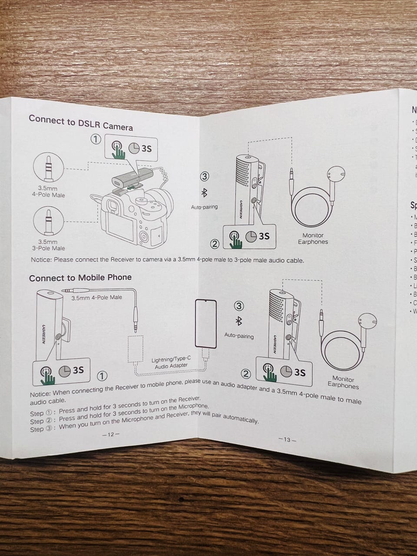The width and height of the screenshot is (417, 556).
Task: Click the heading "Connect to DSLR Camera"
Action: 81,122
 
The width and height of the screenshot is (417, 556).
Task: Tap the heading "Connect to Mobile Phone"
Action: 80,278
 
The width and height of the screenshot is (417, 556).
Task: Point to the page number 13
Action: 286,439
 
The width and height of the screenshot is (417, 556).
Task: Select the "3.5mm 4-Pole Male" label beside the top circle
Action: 48,192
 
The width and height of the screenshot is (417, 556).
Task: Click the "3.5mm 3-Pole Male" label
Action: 48,245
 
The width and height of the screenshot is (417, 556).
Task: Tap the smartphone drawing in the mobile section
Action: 205,323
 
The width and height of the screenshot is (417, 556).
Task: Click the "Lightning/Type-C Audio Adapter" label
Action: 171,363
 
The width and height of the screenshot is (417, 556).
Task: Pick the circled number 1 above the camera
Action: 96,139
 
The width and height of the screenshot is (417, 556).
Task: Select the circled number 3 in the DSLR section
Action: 205,176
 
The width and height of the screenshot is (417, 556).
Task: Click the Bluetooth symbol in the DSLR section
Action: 204,192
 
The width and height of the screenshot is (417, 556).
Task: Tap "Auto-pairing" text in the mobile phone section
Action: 239,336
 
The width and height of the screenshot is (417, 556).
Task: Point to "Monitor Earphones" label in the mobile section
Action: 343,382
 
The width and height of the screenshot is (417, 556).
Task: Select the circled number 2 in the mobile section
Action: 246,374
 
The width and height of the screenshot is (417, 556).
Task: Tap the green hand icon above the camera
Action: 118,150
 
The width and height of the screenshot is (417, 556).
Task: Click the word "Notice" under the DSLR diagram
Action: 41,260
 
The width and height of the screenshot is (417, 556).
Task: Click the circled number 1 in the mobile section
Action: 102,375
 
